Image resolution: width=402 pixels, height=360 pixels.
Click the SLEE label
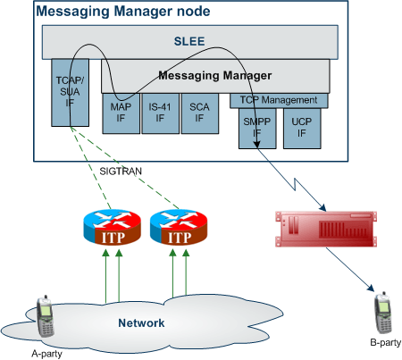pos(189,41)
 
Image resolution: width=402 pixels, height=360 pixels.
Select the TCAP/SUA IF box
pos(70,92)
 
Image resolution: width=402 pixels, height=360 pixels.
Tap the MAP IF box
pos(121,113)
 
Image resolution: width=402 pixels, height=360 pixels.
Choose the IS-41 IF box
pos(160,113)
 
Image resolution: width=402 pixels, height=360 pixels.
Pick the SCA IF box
pos(200,113)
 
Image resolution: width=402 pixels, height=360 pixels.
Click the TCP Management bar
pos(279,101)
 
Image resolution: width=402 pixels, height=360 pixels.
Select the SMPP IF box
pos(257,129)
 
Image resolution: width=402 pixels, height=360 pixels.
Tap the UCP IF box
pos(302,129)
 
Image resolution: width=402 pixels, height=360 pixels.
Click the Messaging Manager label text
pos(215,76)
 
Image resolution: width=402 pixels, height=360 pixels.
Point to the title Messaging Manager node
pos(123,12)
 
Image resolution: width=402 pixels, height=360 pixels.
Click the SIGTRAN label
pos(121,172)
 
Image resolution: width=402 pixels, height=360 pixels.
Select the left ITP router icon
pos(112,227)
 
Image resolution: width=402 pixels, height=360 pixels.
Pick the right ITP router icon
pos(179,227)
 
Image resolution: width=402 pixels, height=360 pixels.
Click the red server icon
pos(326,229)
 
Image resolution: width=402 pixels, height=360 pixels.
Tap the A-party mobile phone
pos(46,316)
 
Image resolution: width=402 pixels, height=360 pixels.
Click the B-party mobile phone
pos(383,313)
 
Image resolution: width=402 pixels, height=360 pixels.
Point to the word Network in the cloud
pos(141,323)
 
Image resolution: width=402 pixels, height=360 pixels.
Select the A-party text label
pos(46,354)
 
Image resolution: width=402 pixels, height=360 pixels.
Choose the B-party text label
pos(386,342)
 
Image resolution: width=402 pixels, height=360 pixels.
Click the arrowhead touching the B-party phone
pos(371,289)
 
